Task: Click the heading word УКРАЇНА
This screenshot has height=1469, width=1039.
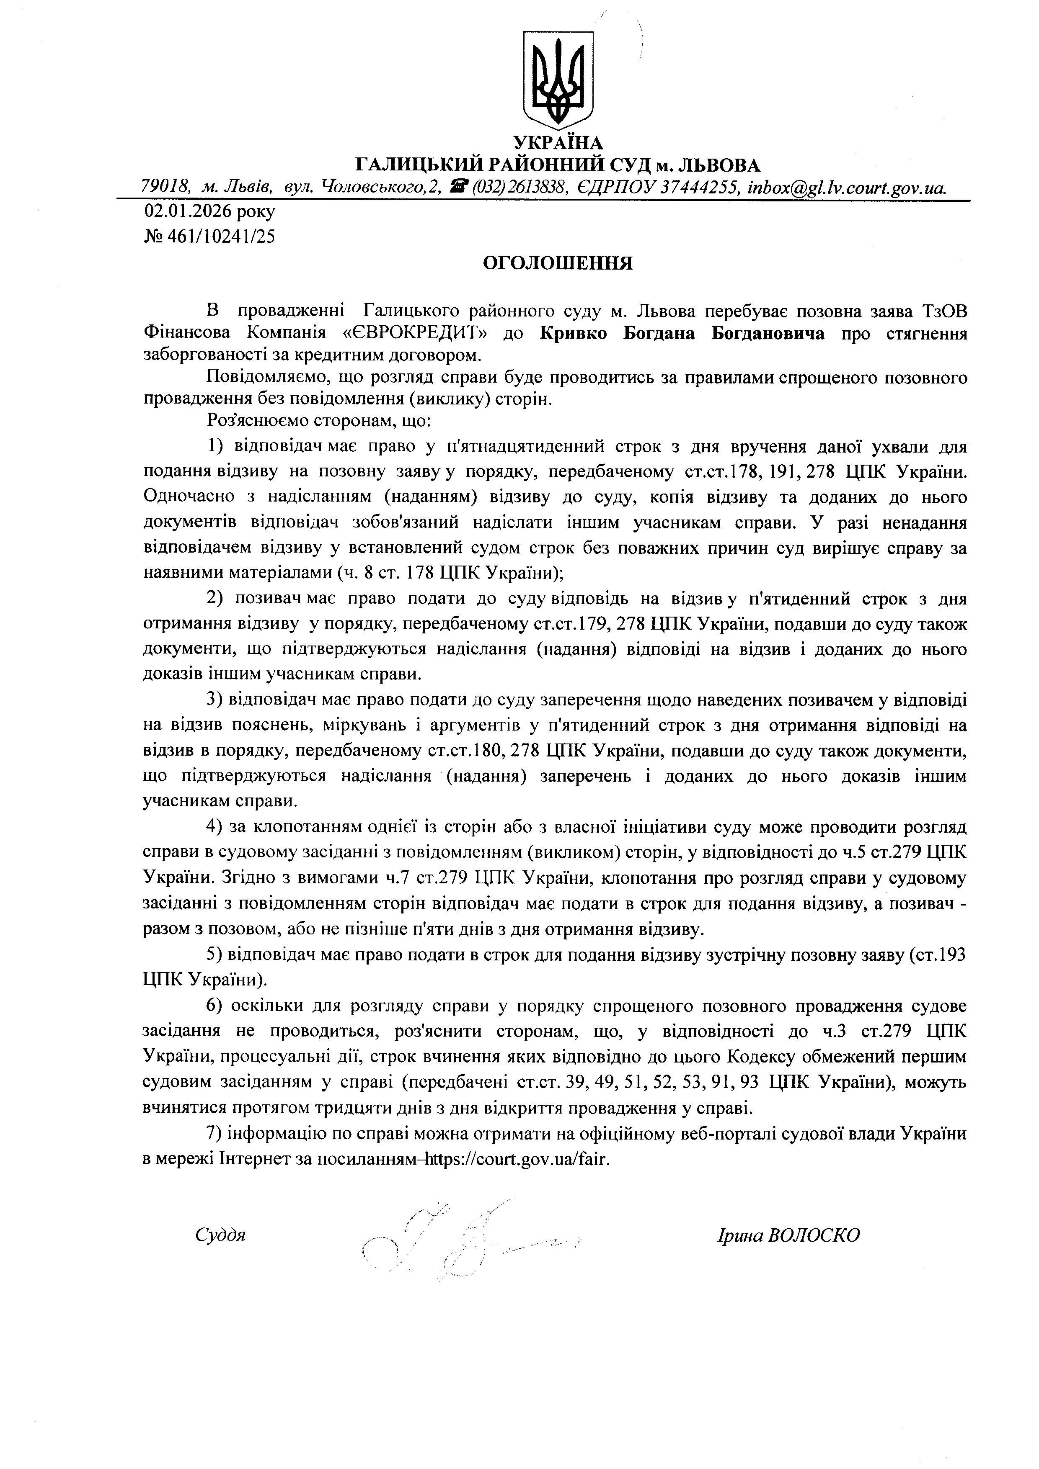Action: point(558,143)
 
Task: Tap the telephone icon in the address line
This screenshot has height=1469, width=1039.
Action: point(458,187)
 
